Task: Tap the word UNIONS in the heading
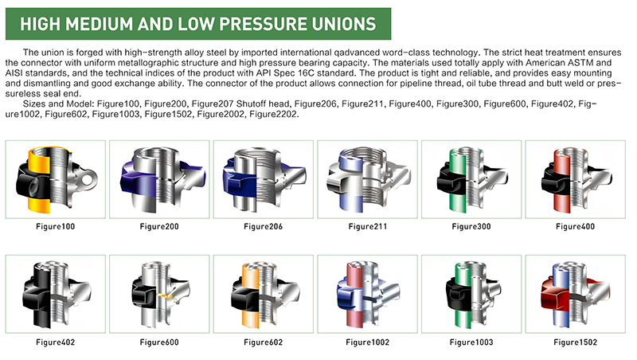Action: pos(344,24)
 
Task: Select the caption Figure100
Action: pos(55,227)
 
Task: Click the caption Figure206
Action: pos(264,227)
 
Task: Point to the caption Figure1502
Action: pos(575,342)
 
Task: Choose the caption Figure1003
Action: pos(471,342)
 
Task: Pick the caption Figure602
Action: pos(264,342)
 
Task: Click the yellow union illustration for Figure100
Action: pos(57,179)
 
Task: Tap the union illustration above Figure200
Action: pos(162,179)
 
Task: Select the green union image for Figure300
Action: pos(471,179)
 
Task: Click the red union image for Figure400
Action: pos(576,179)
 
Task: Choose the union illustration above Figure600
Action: pos(161,294)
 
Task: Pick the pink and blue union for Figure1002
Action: pos(368,294)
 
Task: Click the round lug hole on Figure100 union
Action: pos(88,178)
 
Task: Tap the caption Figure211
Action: pos(368,227)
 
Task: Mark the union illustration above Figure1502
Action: pos(576,294)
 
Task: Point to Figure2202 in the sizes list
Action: pos(274,114)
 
